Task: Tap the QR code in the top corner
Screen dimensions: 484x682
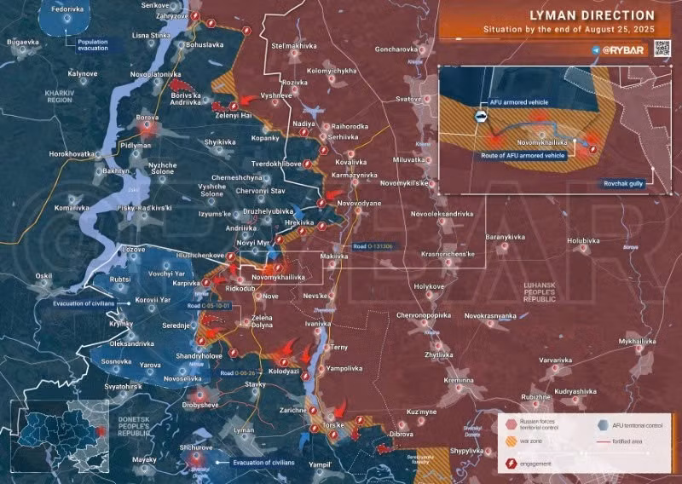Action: tap(662, 49)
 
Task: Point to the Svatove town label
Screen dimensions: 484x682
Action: tap(408, 99)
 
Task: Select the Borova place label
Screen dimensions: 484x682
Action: tap(149, 118)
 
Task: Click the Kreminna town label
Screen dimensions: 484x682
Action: tap(459, 379)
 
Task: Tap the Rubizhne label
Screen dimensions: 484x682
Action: tap(535, 397)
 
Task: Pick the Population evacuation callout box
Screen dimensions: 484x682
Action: tap(97, 45)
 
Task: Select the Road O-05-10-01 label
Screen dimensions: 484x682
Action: tap(209, 305)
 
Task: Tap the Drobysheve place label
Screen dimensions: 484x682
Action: tap(200, 405)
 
